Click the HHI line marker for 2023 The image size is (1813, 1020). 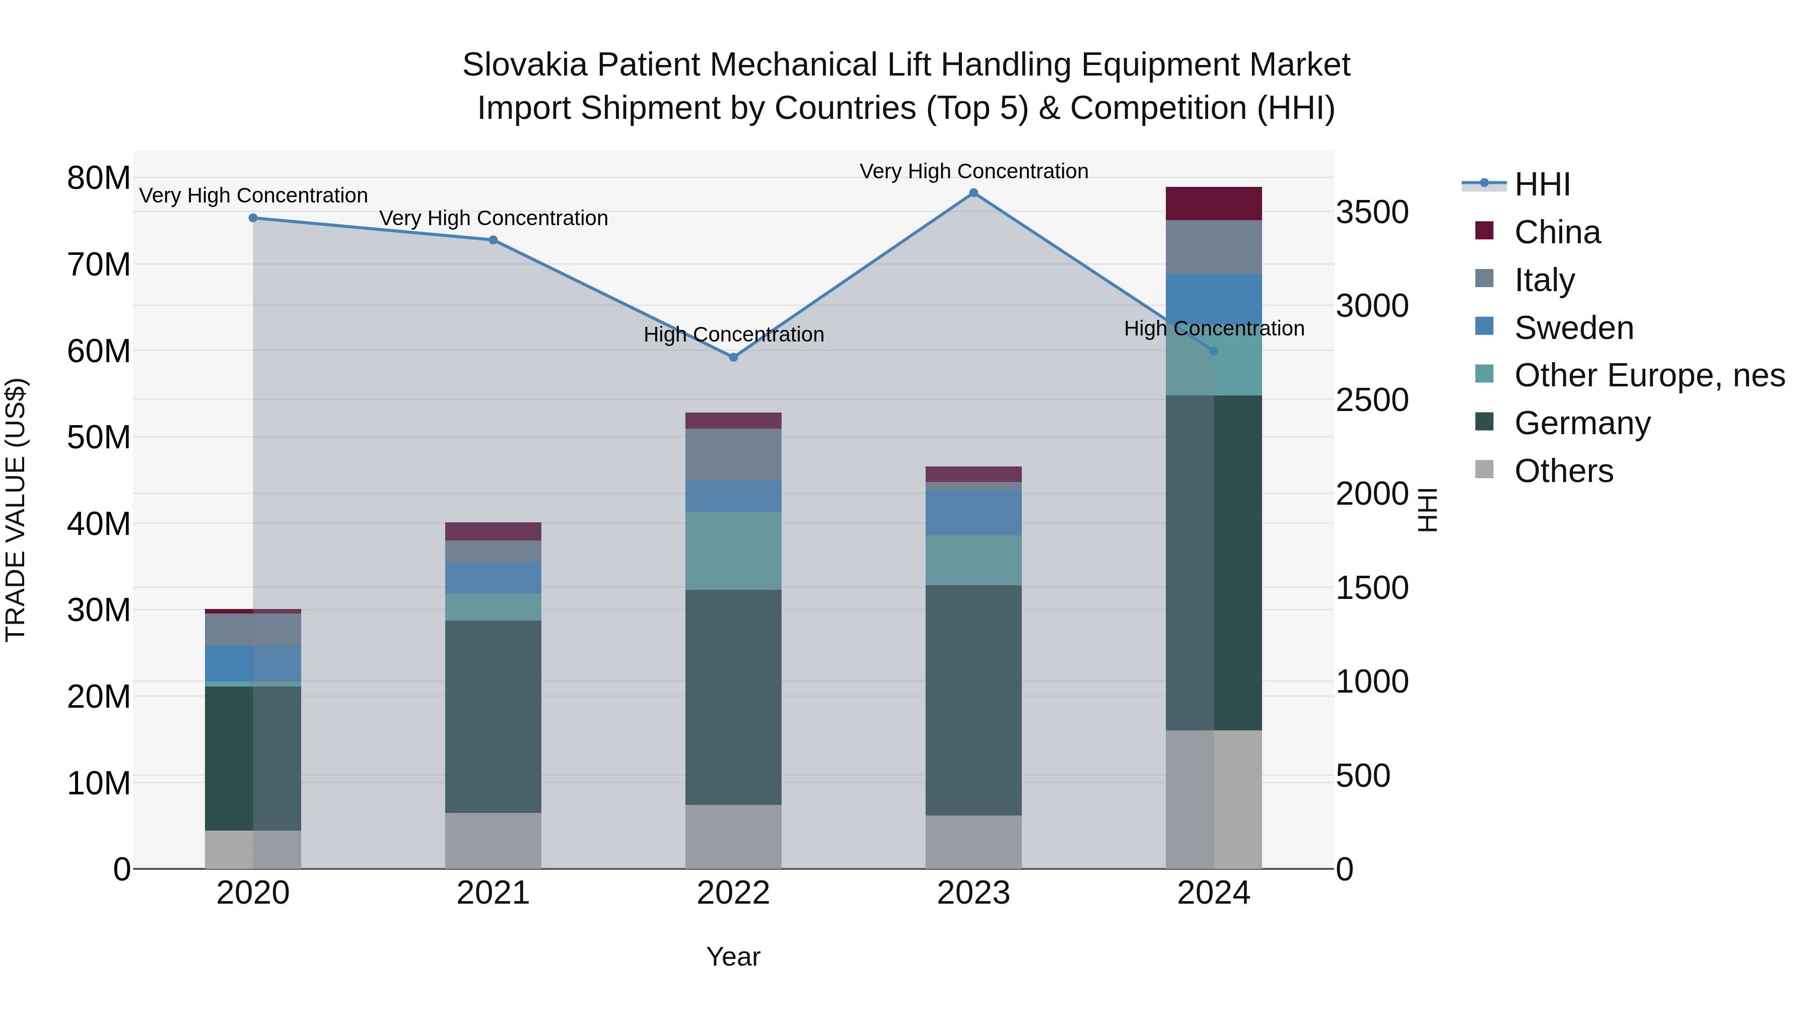(973, 193)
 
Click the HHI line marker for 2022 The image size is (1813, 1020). (733, 358)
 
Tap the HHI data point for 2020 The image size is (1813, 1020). (253, 218)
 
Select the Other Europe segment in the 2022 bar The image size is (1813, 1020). (733, 551)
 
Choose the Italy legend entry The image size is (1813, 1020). (1544, 280)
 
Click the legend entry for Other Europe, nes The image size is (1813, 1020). (1649, 375)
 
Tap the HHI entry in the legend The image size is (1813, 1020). (1542, 184)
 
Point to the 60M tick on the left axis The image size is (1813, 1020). (99, 351)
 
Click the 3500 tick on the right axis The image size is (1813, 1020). (1372, 213)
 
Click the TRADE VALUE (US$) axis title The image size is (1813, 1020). (16, 510)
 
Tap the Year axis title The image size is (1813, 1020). (733, 957)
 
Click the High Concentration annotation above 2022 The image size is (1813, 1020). (733, 334)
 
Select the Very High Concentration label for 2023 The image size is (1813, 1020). (973, 171)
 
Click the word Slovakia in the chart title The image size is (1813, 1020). (524, 65)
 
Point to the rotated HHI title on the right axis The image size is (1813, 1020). (1427, 510)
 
